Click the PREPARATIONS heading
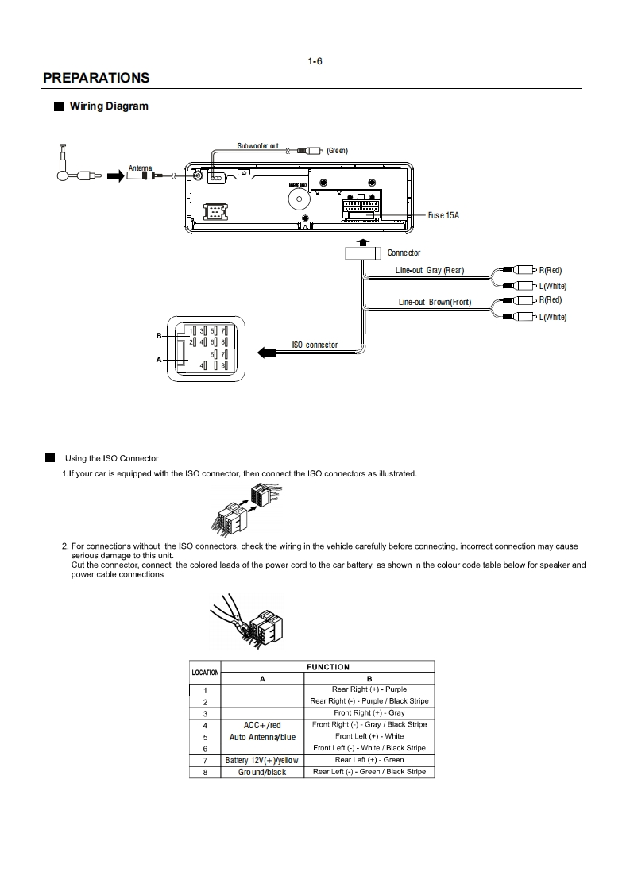click(96, 78)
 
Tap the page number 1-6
click(315, 61)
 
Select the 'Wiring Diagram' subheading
click(109, 106)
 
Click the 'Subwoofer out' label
click(257, 146)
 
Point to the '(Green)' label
click(338, 151)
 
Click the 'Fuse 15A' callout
click(443, 215)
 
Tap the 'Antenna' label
click(140, 168)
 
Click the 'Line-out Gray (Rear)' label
click(429, 271)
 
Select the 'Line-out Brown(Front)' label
click(435, 302)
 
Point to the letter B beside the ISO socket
click(159, 336)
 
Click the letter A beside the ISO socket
click(159, 360)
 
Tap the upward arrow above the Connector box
click(363, 241)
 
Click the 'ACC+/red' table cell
click(262, 725)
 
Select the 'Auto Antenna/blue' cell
click(262, 737)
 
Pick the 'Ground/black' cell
click(262, 772)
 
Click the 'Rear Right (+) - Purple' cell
click(369, 689)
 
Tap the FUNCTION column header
click(327, 667)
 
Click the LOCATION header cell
click(205, 673)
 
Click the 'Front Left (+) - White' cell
click(369, 736)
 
